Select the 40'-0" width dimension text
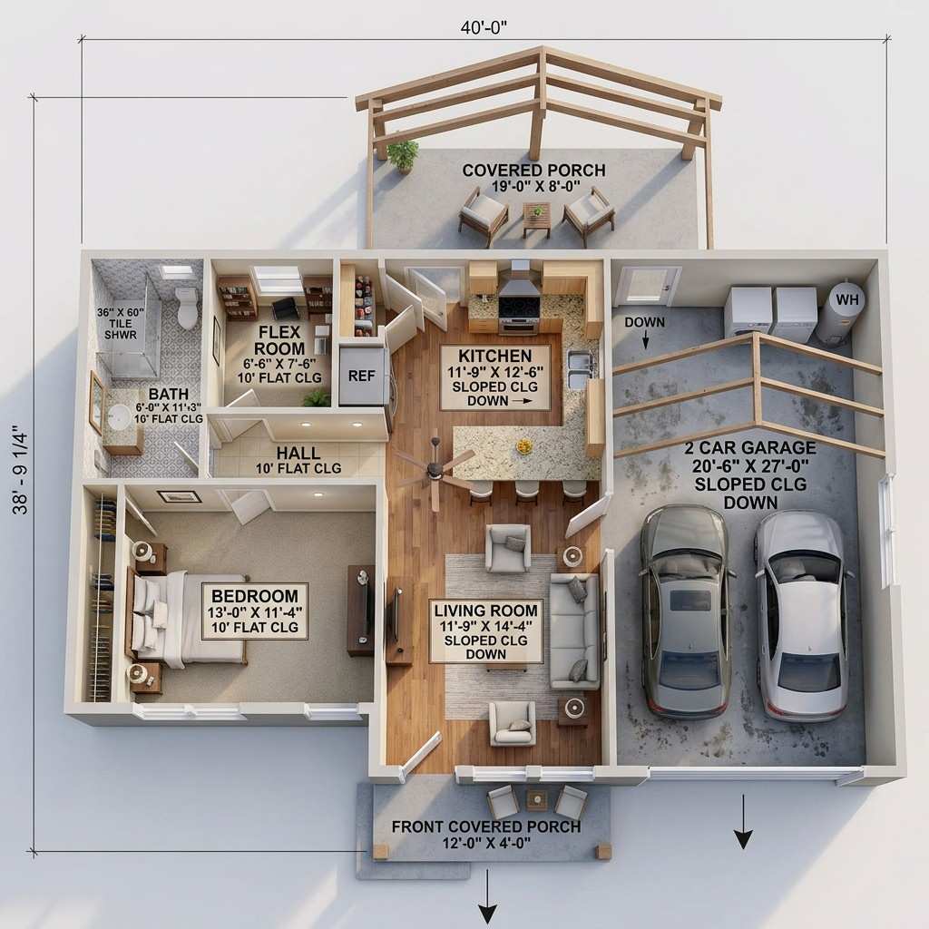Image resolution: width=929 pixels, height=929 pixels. coord(484,26)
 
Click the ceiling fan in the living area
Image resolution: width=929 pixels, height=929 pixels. coord(435,468)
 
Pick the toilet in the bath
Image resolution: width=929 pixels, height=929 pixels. coord(187,308)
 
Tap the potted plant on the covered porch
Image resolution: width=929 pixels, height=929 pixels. coord(403,153)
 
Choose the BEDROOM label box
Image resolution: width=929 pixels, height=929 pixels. coord(254,611)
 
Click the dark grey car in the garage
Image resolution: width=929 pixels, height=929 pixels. coord(687,610)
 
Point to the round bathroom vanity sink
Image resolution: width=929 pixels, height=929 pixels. coord(119,417)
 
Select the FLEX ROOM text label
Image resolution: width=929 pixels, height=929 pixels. coord(279,340)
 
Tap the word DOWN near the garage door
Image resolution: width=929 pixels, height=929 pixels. coord(644,322)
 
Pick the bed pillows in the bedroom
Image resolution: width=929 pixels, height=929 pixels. coord(147,613)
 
